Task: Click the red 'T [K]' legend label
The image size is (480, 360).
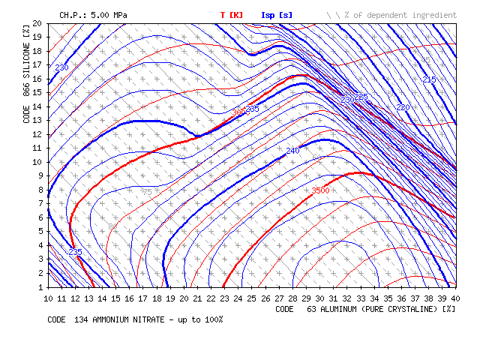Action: [x=231, y=14]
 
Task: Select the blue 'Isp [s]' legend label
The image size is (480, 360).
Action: [x=277, y=14]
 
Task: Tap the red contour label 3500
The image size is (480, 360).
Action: [x=320, y=190]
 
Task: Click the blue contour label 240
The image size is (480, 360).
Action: [x=292, y=151]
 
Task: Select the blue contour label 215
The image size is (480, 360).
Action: [x=429, y=79]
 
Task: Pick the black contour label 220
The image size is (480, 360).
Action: [x=403, y=107]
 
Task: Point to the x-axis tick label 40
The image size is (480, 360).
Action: [x=457, y=298]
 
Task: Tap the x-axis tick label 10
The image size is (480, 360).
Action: [x=49, y=298]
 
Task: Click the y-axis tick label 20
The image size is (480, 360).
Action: [x=37, y=23]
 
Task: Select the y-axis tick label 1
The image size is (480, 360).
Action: [x=40, y=286]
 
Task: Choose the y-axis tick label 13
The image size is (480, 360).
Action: [x=37, y=120]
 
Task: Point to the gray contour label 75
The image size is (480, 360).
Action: [x=147, y=193]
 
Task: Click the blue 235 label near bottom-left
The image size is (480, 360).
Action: [x=75, y=252]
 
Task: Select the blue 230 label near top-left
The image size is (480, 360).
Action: [x=61, y=67]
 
